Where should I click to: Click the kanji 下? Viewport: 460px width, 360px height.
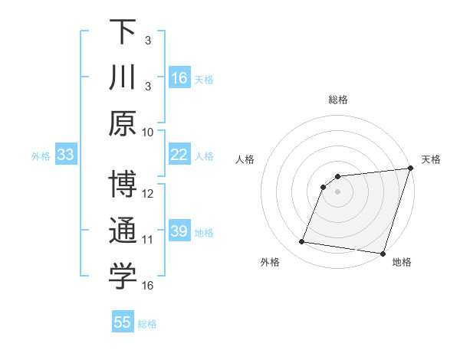(123, 31)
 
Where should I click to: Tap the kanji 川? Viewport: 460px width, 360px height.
(123, 77)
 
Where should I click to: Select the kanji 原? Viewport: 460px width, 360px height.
(123, 123)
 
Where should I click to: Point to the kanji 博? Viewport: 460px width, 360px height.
(123, 185)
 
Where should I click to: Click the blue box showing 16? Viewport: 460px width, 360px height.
(179, 78)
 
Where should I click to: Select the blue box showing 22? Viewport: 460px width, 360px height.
(179, 155)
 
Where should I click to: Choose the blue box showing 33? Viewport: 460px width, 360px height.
(66, 155)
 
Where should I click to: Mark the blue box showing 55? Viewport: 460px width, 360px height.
(123, 322)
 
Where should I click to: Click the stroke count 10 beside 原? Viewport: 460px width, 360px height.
(148, 132)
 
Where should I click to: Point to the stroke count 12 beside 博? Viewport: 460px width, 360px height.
(148, 193)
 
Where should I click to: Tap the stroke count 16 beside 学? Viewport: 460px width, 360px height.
(148, 285)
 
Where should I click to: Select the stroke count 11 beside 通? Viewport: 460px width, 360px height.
(148, 240)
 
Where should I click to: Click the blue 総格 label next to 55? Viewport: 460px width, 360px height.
(147, 324)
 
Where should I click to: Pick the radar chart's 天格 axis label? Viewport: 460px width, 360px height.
(431, 159)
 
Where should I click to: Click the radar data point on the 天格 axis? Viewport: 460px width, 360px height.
(410, 169)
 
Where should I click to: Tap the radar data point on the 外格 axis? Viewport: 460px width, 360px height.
(302, 242)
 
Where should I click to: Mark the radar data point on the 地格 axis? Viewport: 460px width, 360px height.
(382, 253)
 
